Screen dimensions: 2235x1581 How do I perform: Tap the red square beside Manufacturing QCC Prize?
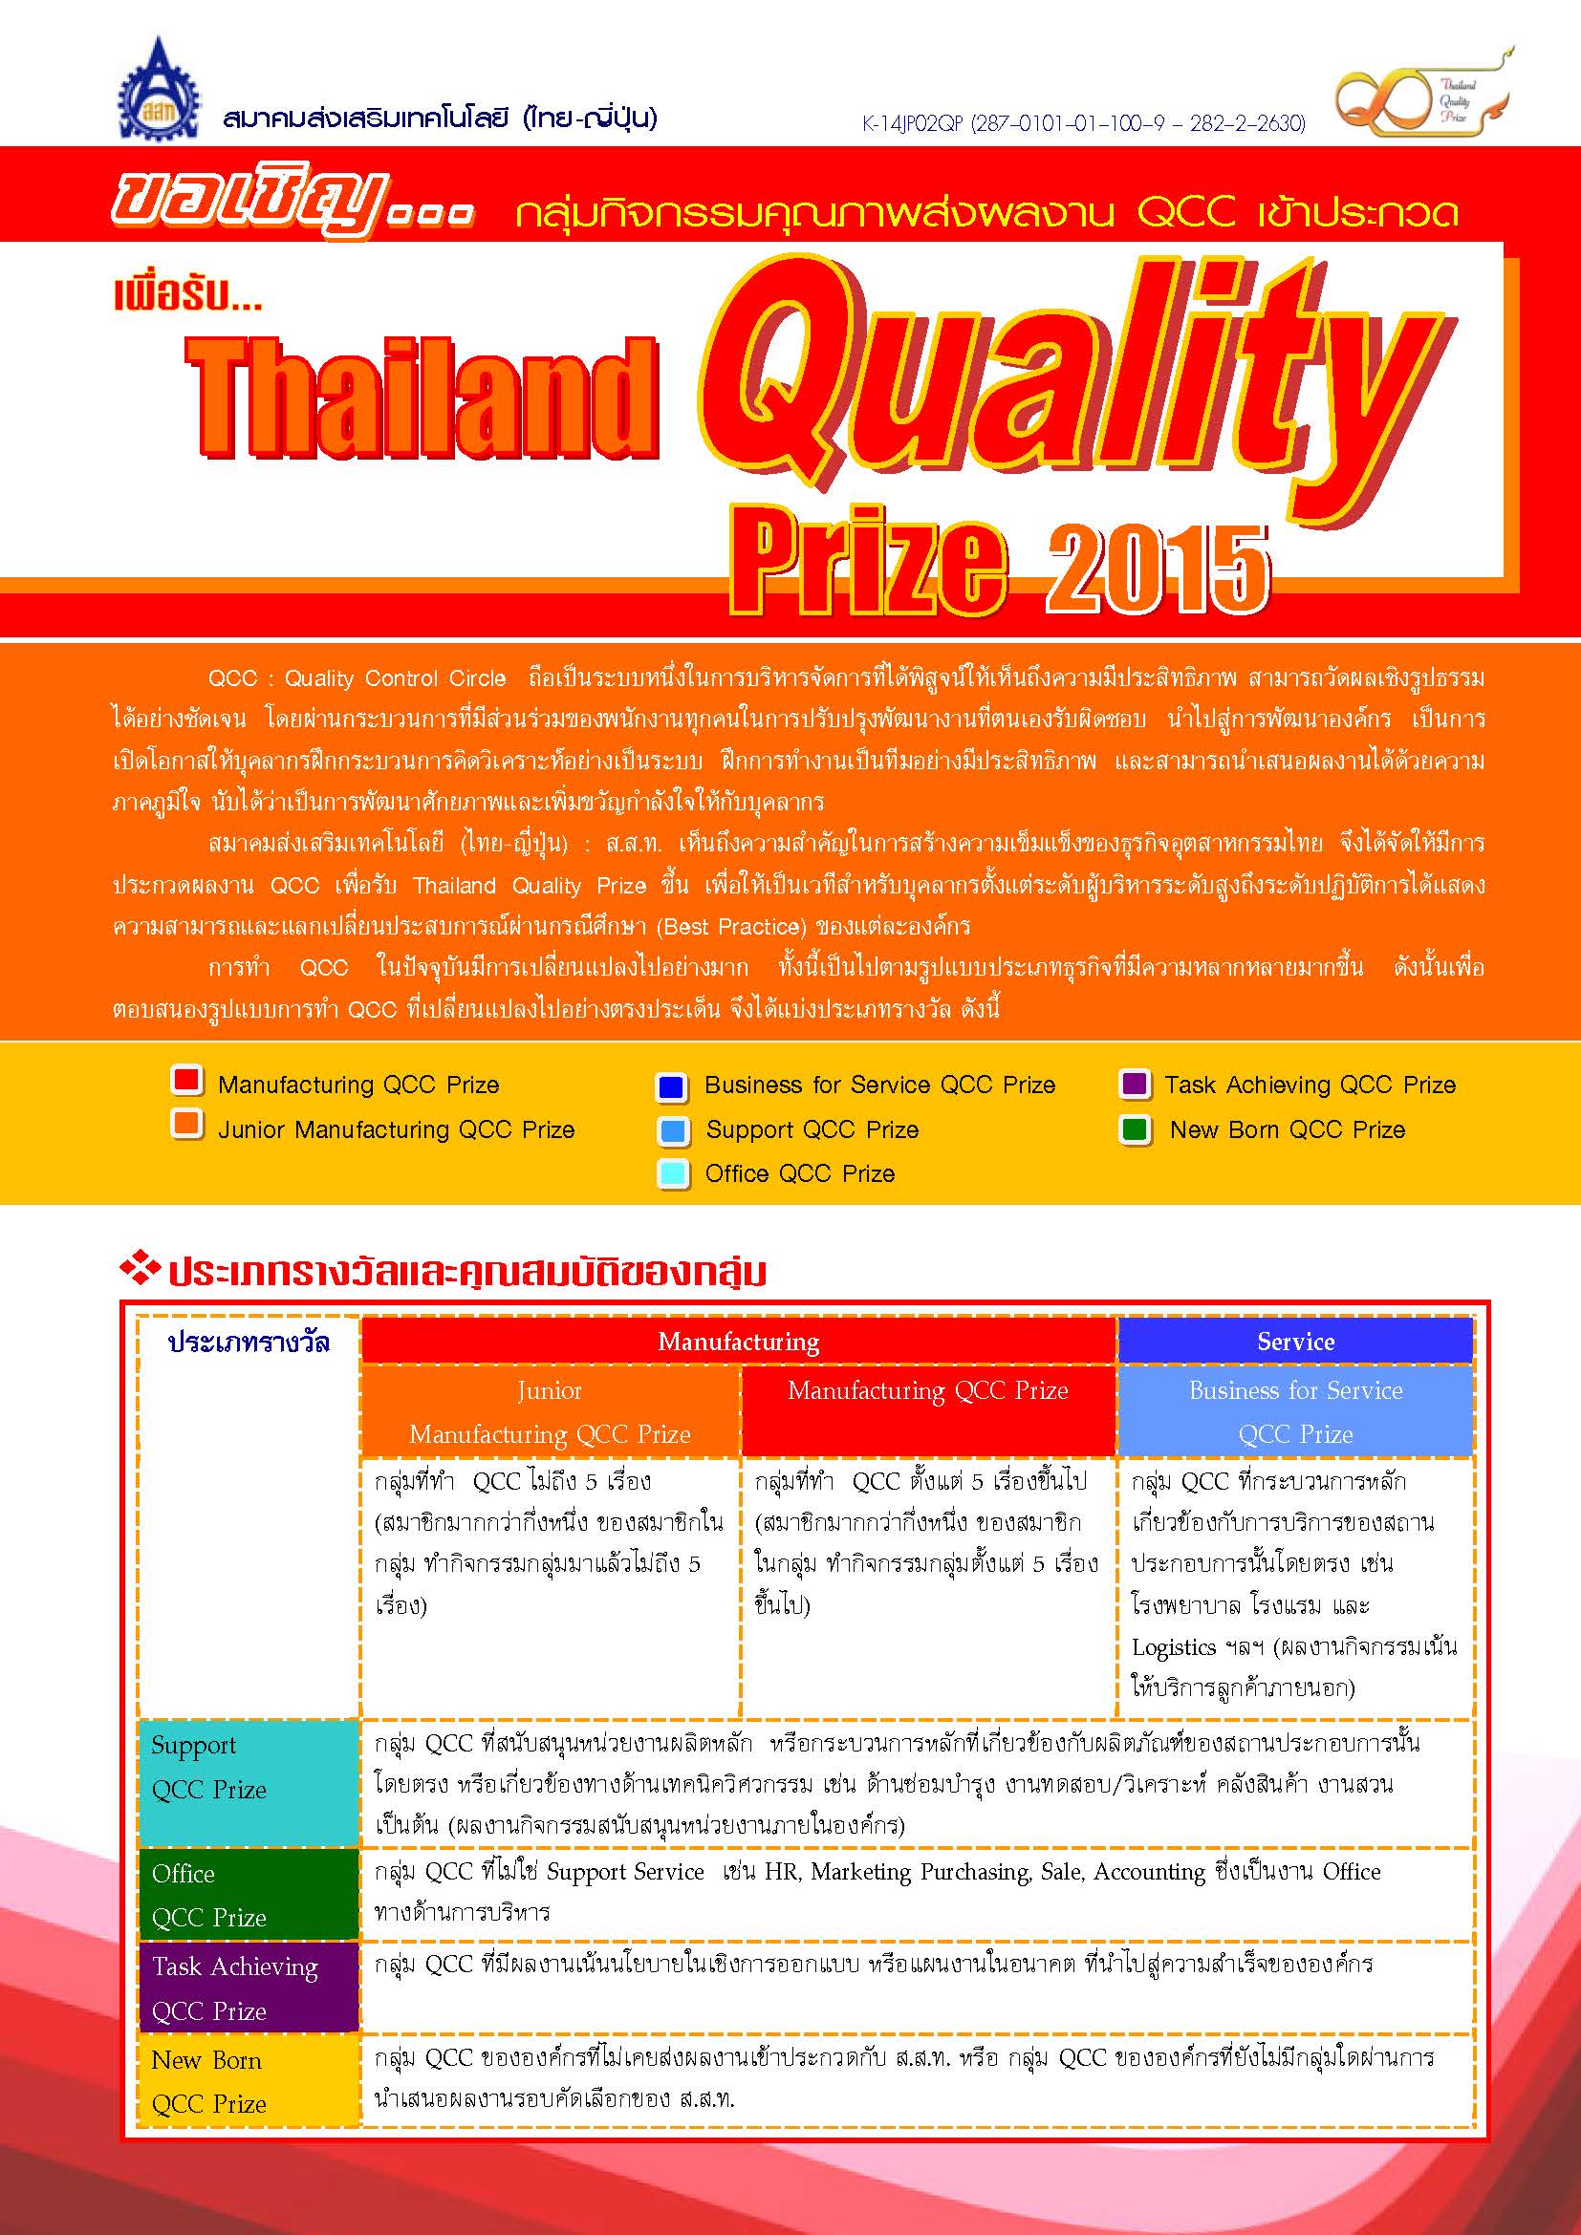tap(186, 1081)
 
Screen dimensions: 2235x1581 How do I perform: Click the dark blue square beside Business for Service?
tap(671, 1086)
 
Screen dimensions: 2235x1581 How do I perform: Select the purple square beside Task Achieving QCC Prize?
tap(1134, 1084)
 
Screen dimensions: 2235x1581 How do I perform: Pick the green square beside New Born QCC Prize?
tap(1135, 1129)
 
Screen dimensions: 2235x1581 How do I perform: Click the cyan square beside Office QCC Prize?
tap(672, 1172)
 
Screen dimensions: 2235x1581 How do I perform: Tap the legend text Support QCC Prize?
tap(812, 1129)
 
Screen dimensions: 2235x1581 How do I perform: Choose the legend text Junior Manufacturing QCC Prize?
tap(397, 1129)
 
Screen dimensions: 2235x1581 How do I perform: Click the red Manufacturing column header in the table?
tap(738, 1342)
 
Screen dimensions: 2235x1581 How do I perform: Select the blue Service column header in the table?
tap(1295, 1342)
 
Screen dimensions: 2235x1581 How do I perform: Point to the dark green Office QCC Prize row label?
tap(249, 1895)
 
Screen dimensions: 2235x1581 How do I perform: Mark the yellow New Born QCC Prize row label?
tap(249, 2081)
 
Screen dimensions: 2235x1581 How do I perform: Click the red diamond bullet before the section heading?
tap(140, 1268)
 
